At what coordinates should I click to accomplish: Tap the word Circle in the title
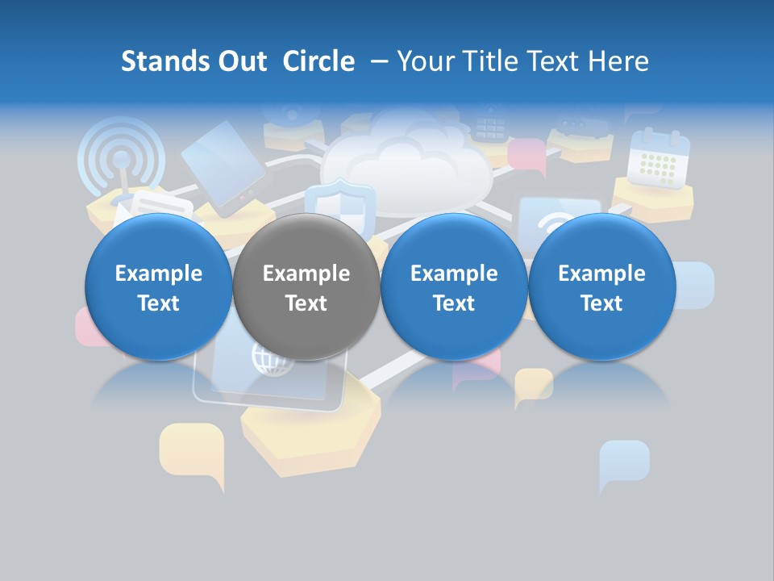(x=318, y=61)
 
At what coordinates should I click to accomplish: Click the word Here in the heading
(x=619, y=61)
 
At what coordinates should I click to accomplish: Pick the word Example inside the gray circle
(x=306, y=274)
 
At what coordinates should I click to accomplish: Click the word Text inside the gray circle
(x=306, y=303)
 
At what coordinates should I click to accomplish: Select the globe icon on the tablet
(x=267, y=358)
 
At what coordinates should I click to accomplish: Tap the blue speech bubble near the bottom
(x=623, y=462)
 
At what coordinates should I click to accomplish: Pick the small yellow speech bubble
(x=533, y=384)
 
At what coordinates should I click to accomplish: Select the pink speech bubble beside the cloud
(x=526, y=154)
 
